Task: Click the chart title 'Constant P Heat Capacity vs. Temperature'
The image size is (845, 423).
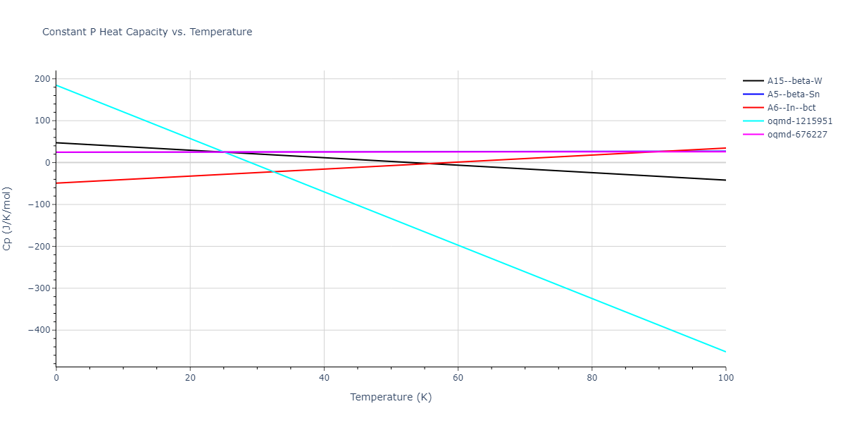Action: tap(147, 32)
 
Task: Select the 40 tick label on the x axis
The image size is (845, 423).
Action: tap(324, 378)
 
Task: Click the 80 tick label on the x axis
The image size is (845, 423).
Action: tap(591, 378)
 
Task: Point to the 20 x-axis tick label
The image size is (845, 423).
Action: tap(190, 378)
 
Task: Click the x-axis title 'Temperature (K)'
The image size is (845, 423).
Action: tap(391, 397)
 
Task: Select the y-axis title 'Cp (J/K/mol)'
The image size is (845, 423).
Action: tap(8, 219)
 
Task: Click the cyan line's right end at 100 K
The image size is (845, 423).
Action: tap(725, 352)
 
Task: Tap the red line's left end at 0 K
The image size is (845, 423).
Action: tap(56, 183)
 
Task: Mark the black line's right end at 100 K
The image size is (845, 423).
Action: tap(725, 180)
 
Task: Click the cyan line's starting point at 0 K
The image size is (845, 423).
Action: tap(56, 85)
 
